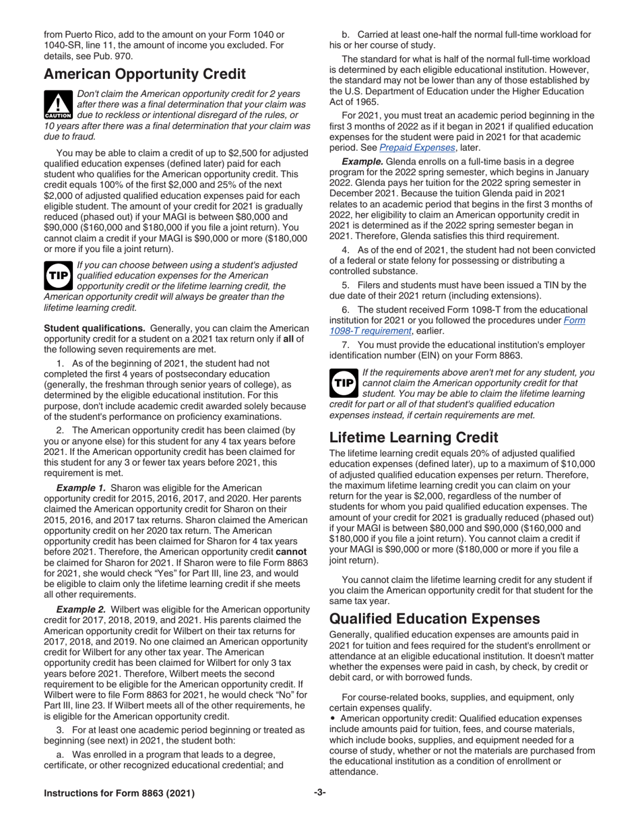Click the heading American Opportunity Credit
point(144,74)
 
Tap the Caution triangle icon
point(58,104)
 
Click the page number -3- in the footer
point(320,793)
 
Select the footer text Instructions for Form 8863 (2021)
point(119,793)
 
